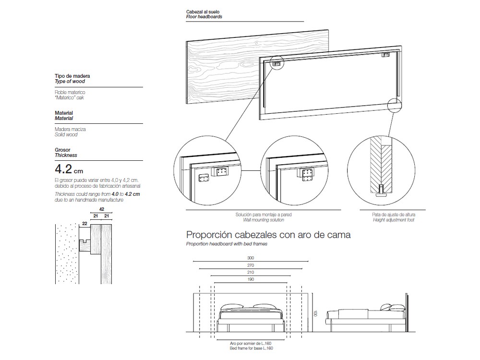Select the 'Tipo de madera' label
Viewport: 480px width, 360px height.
pyautogui.click(x=72, y=76)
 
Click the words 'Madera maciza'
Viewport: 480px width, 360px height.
pyautogui.click(x=71, y=129)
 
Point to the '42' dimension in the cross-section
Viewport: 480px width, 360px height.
pyautogui.click(x=101, y=209)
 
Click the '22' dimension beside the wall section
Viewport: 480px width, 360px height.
pyautogui.click(x=84, y=224)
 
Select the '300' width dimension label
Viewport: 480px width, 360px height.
pyautogui.click(x=251, y=258)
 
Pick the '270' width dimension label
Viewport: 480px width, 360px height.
pyautogui.click(x=251, y=265)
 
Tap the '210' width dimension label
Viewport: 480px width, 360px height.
pyautogui.click(x=251, y=272)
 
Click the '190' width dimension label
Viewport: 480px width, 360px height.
pyautogui.click(x=251, y=279)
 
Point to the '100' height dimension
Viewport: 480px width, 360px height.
pyautogui.click(x=316, y=312)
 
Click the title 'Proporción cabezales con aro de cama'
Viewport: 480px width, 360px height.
pyautogui.click(x=268, y=235)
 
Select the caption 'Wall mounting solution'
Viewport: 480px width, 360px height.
pyautogui.click(x=264, y=220)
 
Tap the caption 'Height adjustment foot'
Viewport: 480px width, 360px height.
pyautogui.click(x=393, y=220)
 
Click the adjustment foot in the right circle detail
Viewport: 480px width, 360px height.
pyautogui.click(x=381, y=193)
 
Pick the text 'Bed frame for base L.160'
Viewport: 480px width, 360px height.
pyautogui.click(x=251, y=348)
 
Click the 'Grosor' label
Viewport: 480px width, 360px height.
pyautogui.click(x=63, y=150)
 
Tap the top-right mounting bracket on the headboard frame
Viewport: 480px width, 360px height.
pyautogui.click(x=385, y=55)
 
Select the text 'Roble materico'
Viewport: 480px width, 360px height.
pyautogui.click(x=70, y=92)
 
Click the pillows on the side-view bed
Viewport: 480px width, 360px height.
pyautogui.click(x=389, y=307)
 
